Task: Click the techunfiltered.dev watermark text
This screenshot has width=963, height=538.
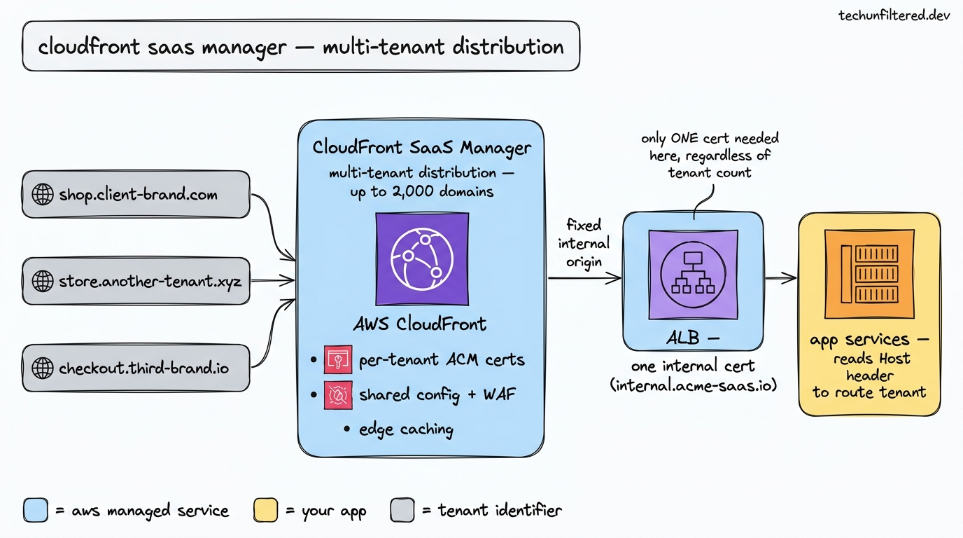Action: [894, 16]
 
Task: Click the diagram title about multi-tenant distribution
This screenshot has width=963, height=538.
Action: [301, 47]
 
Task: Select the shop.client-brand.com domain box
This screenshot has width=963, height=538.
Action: [136, 194]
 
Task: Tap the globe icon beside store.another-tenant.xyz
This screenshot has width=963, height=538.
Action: [43, 281]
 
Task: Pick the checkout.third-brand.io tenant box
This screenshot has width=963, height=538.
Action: [136, 367]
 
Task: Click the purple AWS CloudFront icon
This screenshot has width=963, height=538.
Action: [421, 258]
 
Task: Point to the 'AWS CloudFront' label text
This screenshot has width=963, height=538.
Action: [420, 324]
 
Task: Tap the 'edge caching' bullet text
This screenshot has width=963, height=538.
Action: [406, 429]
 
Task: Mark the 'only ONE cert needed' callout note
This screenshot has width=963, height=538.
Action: [710, 155]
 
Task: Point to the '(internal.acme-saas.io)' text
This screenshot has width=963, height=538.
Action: [692, 385]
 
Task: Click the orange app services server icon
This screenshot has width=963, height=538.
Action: [870, 274]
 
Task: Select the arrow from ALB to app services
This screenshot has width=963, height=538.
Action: [780, 278]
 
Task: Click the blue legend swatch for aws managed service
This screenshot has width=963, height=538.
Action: [36, 510]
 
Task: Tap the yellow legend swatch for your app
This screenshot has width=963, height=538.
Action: [265, 510]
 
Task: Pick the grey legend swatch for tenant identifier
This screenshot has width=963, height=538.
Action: [402, 510]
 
